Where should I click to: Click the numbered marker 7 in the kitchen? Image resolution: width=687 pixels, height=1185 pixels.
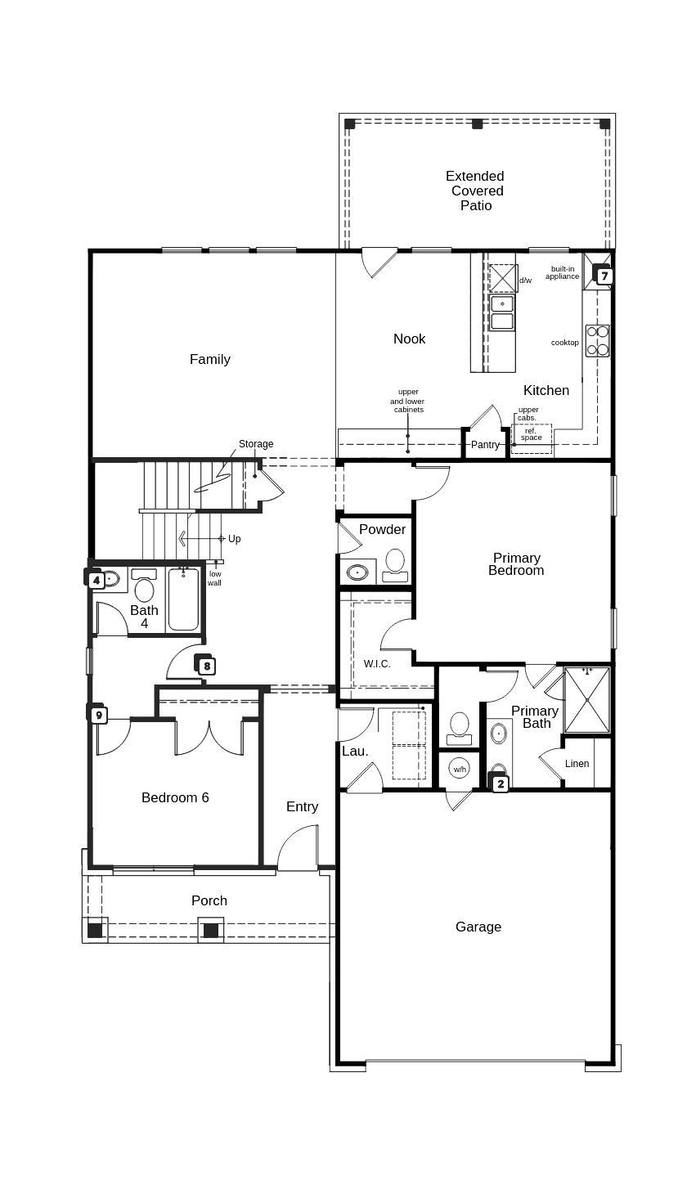pyautogui.click(x=604, y=276)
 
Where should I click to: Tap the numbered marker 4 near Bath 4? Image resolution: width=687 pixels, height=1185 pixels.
pyautogui.click(x=97, y=580)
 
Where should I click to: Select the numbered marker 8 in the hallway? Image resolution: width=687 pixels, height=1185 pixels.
pyautogui.click(x=207, y=666)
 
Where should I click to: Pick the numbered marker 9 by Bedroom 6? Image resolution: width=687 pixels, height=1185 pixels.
pyautogui.click(x=99, y=716)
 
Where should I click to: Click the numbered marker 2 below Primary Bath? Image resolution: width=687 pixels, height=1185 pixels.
pyautogui.click(x=500, y=783)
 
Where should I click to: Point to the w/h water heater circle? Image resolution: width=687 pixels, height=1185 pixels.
pyautogui.click(x=460, y=769)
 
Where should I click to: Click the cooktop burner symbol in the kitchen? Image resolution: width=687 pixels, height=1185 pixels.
pyautogui.click(x=597, y=340)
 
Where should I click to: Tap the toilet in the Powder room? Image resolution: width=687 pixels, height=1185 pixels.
pyautogui.click(x=395, y=563)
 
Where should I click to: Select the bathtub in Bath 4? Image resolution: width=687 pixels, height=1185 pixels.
pyautogui.click(x=183, y=600)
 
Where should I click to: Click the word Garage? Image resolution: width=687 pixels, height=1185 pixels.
pyautogui.click(x=478, y=927)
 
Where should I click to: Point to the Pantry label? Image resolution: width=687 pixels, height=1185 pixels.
pyautogui.click(x=485, y=445)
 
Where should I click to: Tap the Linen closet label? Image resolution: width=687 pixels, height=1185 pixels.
pyautogui.click(x=577, y=764)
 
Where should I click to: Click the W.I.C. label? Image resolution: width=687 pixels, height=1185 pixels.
pyautogui.click(x=377, y=664)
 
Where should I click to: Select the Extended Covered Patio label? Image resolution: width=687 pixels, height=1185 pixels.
pyautogui.click(x=475, y=191)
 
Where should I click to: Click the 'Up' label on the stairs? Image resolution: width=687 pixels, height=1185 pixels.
pyautogui.click(x=235, y=539)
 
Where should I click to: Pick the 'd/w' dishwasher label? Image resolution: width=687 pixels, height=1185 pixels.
pyautogui.click(x=525, y=281)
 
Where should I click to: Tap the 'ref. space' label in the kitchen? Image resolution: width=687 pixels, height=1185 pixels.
pyautogui.click(x=532, y=434)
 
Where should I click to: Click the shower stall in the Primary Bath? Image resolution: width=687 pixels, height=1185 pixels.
pyautogui.click(x=587, y=700)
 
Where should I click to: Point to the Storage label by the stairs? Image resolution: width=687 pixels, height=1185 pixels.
pyautogui.click(x=256, y=444)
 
